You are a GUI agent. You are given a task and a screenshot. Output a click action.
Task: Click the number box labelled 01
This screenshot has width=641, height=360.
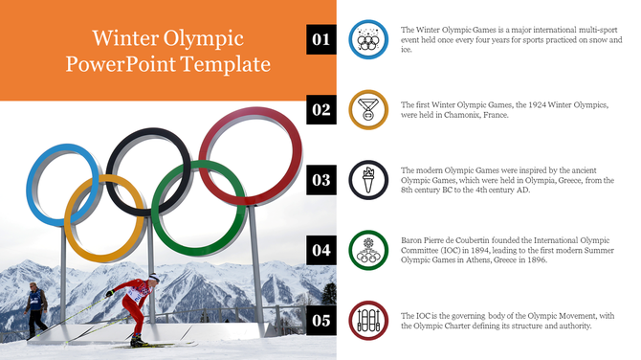point(320,39)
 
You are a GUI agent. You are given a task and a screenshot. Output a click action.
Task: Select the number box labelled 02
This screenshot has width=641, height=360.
point(320,109)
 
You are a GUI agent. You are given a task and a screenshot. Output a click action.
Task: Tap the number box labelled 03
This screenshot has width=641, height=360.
point(320,179)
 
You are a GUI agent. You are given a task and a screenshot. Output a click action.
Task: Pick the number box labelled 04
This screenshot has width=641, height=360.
point(320,250)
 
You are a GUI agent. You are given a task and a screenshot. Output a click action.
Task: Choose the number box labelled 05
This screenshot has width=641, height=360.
point(320,320)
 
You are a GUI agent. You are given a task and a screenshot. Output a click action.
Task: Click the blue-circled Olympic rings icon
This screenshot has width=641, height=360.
point(368,39)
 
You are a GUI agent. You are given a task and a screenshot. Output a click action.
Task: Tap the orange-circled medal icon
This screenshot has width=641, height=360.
point(368,109)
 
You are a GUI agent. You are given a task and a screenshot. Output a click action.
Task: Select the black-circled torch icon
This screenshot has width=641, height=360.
point(368,179)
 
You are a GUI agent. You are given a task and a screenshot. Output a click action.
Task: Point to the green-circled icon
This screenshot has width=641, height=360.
point(368,250)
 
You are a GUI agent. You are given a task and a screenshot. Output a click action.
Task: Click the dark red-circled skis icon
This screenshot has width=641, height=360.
point(368,320)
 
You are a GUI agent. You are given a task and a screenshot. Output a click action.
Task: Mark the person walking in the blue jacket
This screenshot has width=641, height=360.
point(35,306)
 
